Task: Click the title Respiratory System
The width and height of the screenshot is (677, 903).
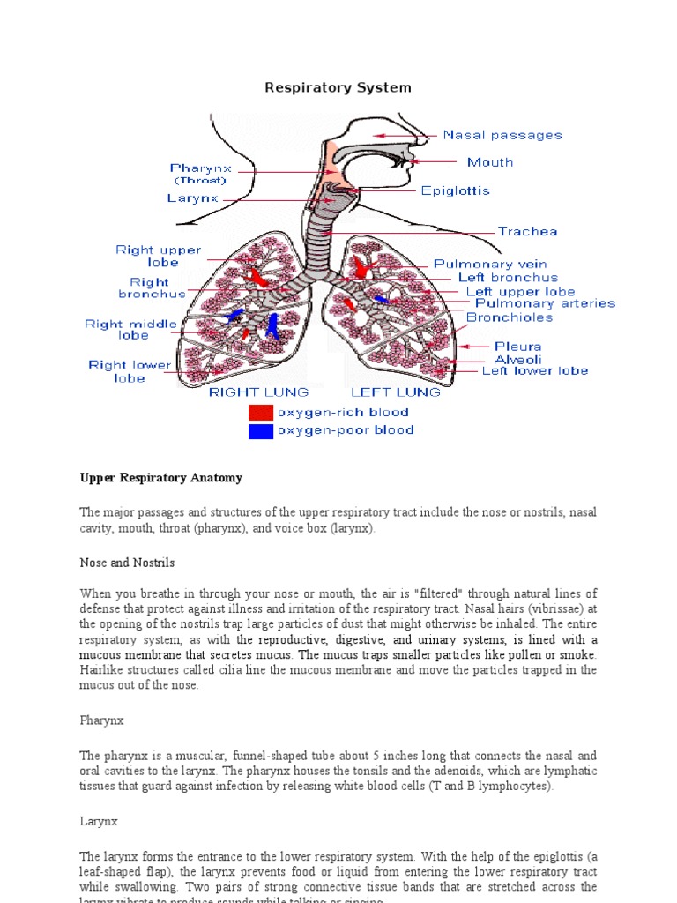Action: [x=338, y=87]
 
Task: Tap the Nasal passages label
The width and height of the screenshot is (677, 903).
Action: [x=502, y=135]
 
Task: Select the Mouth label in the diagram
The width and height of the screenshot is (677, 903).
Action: [x=490, y=162]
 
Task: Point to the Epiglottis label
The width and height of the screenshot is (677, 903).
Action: [x=455, y=190]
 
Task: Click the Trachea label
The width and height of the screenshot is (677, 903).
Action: [x=528, y=232]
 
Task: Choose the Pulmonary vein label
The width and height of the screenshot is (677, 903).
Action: [x=489, y=264]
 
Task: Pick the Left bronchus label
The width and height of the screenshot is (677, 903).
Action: [x=508, y=278]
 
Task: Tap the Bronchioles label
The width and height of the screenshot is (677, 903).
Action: [x=510, y=317]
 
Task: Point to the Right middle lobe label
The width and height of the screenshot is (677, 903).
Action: [x=117, y=330]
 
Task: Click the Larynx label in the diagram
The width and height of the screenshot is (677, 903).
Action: [x=191, y=199]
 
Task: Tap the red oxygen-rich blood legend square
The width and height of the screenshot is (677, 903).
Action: [x=261, y=413]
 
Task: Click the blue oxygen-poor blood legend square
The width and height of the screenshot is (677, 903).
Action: [x=261, y=431]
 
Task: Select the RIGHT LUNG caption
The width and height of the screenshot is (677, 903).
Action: [x=258, y=392]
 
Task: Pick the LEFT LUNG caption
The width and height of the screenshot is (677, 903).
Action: [x=396, y=392]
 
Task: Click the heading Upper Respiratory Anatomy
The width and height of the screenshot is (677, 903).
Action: [x=160, y=478]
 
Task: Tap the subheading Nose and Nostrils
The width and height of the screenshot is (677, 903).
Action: [x=127, y=563]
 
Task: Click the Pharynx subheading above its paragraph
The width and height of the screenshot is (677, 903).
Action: [x=102, y=720]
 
